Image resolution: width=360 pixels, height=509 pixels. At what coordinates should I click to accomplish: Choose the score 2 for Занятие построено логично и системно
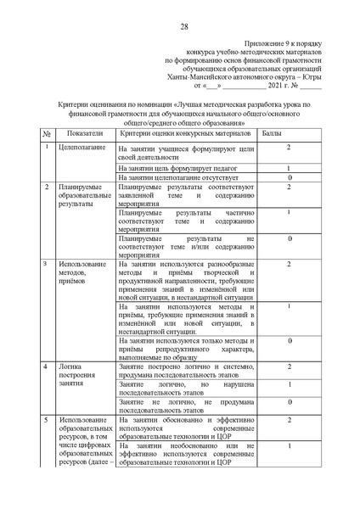(290, 366)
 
